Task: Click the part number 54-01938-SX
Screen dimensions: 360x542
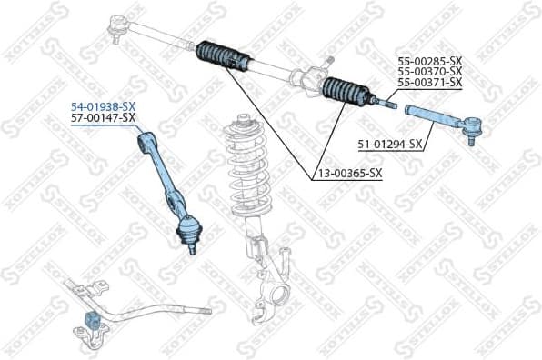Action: [104, 106]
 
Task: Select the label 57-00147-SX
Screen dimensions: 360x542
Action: [104, 118]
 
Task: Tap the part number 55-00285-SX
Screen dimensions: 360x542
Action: [429, 60]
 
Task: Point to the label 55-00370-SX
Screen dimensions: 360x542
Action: [429, 71]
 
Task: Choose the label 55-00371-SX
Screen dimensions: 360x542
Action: [429, 83]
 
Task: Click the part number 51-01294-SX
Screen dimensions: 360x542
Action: [388, 144]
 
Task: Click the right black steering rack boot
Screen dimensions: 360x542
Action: [345, 92]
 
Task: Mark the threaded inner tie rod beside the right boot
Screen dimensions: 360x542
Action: [382, 102]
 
